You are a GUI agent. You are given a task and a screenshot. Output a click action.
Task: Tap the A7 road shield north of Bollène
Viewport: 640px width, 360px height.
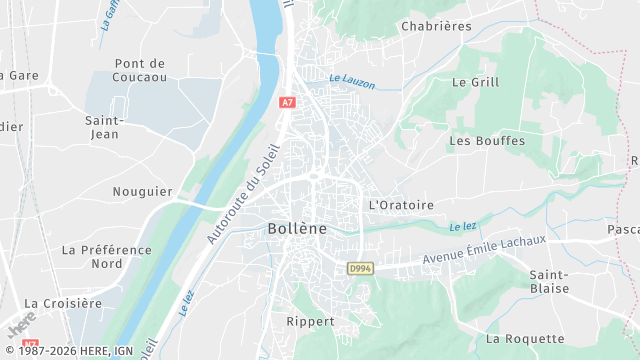point(288,102)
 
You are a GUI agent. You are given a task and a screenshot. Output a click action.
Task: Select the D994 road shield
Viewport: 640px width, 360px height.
point(360,268)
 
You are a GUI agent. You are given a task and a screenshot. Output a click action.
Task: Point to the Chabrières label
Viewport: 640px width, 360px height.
point(435,26)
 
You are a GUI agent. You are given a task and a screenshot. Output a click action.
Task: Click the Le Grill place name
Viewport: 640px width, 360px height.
point(475,82)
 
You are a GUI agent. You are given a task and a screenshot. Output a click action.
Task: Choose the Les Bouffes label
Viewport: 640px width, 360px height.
point(487,141)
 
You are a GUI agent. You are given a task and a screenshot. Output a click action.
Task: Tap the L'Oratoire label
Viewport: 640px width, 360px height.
point(402,205)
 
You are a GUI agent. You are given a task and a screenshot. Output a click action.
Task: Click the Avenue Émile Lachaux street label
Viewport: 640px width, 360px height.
point(484,249)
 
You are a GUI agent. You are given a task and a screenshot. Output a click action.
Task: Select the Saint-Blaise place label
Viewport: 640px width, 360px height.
point(549,281)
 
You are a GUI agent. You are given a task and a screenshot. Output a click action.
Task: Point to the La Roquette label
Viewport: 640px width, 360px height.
point(525,339)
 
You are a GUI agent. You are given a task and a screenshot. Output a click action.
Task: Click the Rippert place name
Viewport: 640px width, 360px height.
point(310,321)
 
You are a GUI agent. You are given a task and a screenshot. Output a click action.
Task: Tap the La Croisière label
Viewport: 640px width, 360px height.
point(63,303)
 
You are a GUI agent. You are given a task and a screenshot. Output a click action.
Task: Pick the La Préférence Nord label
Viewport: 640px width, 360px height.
point(106,256)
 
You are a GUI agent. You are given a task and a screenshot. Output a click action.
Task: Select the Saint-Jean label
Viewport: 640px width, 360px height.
point(103,127)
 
